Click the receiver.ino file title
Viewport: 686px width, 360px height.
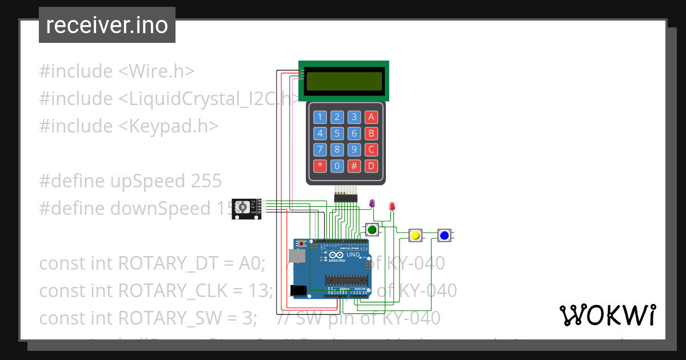pyautogui.click(x=107, y=25)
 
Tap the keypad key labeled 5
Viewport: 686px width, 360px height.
pyautogui.click(x=337, y=134)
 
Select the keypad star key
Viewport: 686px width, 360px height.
pyautogui.click(x=320, y=166)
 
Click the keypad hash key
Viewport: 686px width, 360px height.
pyautogui.click(x=354, y=166)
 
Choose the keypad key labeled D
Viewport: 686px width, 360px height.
pyautogui.click(x=372, y=166)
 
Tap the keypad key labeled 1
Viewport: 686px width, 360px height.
pyautogui.click(x=320, y=118)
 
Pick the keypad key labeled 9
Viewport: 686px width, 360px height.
pyautogui.click(x=354, y=150)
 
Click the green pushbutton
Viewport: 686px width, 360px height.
pyautogui.click(x=372, y=230)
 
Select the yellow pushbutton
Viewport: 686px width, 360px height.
pyautogui.click(x=416, y=235)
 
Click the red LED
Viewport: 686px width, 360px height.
pyautogui.click(x=392, y=206)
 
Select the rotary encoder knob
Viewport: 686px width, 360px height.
pyautogui.click(x=242, y=206)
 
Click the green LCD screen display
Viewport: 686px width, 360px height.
pyautogui.click(x=344, y=82)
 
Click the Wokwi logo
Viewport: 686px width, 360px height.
pyautogui.click(x=607, y=315)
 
